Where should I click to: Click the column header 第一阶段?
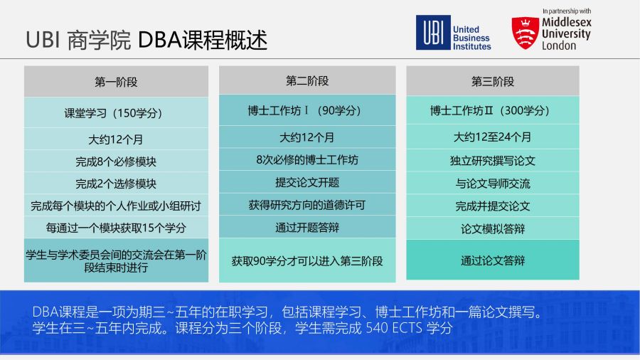click(x=116, y=82)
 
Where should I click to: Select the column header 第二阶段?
click(x=307, y=80)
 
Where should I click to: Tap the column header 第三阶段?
click(x=492, y=81)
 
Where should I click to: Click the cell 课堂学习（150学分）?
click(x=116, y=112)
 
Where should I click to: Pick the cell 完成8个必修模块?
click(x=116, y=162)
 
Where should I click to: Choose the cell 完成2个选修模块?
click(x=116, y=184)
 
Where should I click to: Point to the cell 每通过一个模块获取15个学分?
click(x=116, y=228)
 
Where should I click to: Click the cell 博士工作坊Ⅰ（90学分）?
click(x=307, y=110)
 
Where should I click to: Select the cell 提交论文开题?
click(x=307, y=182)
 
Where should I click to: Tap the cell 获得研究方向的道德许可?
click(x=307, y=204)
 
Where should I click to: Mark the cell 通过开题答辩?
click(x=307, y=227)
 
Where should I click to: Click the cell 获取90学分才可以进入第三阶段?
click(x=307, y=260)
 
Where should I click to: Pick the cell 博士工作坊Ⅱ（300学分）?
click(x=492, y=110)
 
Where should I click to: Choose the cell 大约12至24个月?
click(x=492, y=137)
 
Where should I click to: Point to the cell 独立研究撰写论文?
click(x=492, y=160)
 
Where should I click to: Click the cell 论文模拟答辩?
click(x=492, y=228)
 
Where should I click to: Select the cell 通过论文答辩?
click(x=492, y=260)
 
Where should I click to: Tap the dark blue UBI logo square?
click(x=433, y=32)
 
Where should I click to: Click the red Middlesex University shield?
click(x=525, y=33)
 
